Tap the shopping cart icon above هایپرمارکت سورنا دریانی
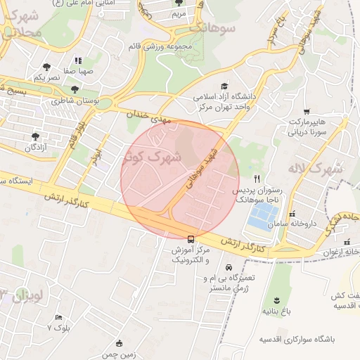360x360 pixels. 306,111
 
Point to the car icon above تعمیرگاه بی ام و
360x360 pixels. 229,267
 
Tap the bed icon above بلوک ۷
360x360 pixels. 58,317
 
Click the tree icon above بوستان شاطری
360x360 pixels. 75,89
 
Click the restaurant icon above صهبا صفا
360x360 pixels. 78,60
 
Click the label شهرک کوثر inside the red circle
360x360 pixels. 151,157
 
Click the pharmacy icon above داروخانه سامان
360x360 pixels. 292,214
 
